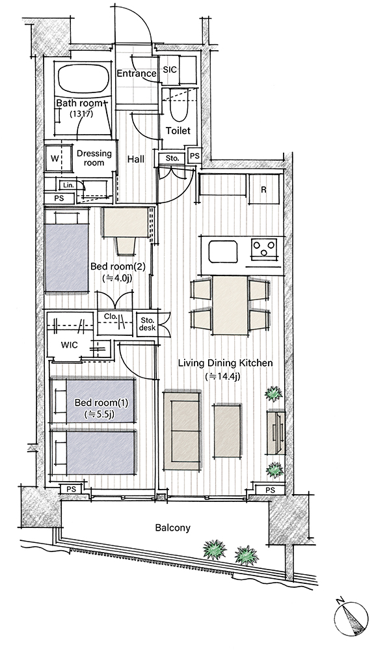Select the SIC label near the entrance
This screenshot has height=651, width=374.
pos(169,70)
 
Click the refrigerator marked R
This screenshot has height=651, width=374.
pos(263,189)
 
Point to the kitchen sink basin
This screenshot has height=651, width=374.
pos(222,252)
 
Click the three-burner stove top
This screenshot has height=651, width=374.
pos(263,250)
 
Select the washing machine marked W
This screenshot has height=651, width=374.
pos(55,158)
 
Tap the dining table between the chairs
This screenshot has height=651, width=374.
pos(230,305)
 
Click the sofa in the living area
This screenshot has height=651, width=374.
pos(182,429)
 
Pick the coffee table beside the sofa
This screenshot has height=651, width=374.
pos(227,431)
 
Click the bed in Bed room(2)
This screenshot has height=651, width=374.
pos(67,251)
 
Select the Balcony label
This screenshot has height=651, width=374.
pos(173,528)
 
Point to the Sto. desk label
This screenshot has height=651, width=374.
pos(148,324)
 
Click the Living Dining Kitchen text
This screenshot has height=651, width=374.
pos(225,363)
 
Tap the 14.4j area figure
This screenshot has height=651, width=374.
pos(223,376)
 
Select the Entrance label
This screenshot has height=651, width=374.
pos(137,74)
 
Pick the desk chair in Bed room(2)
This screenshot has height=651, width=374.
pos(126,245)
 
